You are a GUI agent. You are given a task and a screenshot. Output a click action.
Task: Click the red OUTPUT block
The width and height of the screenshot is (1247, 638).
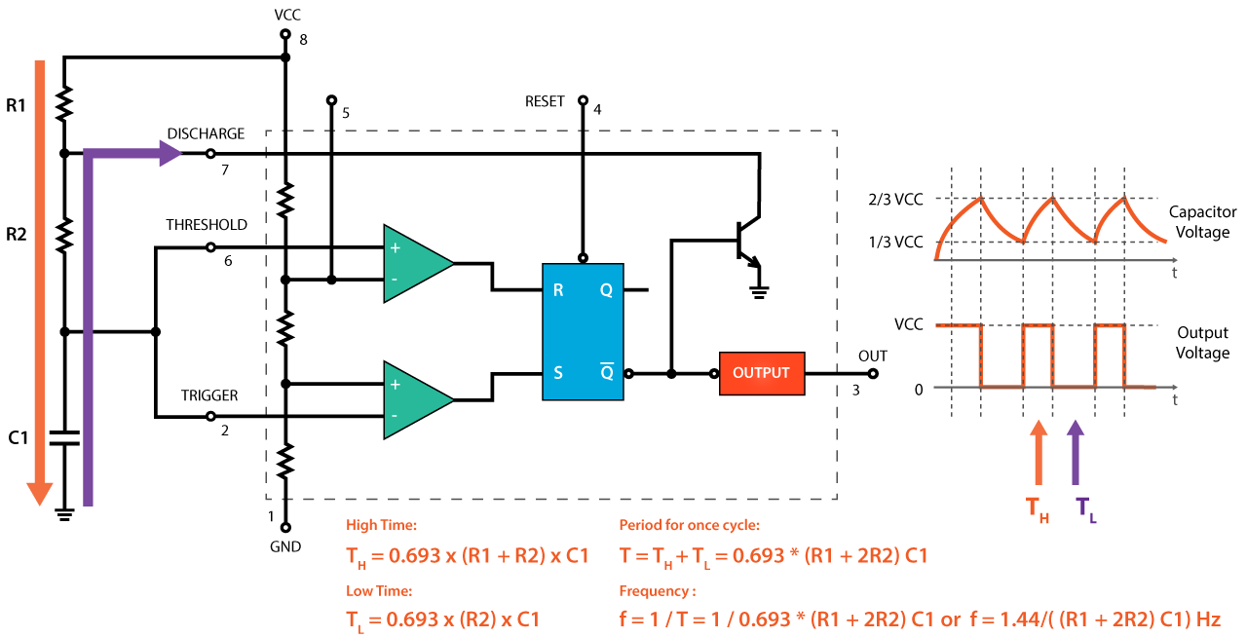[762, 373]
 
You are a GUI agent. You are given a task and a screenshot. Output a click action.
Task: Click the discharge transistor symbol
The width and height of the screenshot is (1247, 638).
[745, 239]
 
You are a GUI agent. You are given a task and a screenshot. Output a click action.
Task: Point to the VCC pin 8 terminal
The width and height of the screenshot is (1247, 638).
[285, 34]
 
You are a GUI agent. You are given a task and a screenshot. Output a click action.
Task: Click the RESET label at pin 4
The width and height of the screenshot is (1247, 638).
[545, 101]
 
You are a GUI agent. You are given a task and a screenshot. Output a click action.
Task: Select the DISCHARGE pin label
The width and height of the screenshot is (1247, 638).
[206, 133]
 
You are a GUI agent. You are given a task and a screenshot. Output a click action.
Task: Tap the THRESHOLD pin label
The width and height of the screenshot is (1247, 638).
[206, 225]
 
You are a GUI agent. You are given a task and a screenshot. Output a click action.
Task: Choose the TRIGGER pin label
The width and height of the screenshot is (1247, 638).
[209, 395]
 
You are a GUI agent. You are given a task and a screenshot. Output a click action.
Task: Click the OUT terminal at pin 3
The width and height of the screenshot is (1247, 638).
[872, 373]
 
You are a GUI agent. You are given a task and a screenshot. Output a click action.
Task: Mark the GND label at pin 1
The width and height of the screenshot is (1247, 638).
[285, 546]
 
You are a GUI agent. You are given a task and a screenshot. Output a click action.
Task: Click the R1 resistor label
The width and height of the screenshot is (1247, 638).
[17, 105]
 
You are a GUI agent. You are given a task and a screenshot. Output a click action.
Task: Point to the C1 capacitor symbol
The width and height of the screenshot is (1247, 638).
[65, 437]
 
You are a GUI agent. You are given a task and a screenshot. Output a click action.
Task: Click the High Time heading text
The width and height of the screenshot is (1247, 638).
[381, 525]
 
